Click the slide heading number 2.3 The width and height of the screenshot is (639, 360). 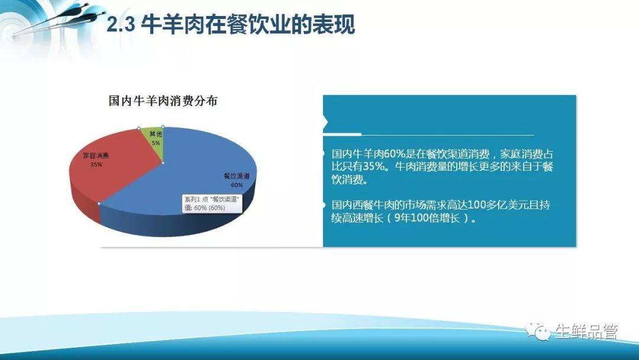point(121,24)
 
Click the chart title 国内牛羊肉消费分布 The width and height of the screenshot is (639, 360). point(163,101)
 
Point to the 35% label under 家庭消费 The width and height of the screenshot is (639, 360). point(96,164)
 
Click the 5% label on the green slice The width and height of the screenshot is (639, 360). point(156,143)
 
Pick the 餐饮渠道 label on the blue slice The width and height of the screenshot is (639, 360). point(237,176)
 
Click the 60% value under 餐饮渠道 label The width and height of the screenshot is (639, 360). point(237,185)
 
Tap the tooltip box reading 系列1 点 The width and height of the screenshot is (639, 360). point(212,204)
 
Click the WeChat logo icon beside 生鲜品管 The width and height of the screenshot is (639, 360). point(537,331)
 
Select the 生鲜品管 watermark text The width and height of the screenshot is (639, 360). point(586,332)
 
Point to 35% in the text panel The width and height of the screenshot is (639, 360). point(374,166)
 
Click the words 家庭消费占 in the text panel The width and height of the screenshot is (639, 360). point(527,154)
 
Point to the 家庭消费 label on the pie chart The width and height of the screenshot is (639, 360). point(96,155)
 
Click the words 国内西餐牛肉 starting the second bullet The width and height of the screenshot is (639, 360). point(363,204)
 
